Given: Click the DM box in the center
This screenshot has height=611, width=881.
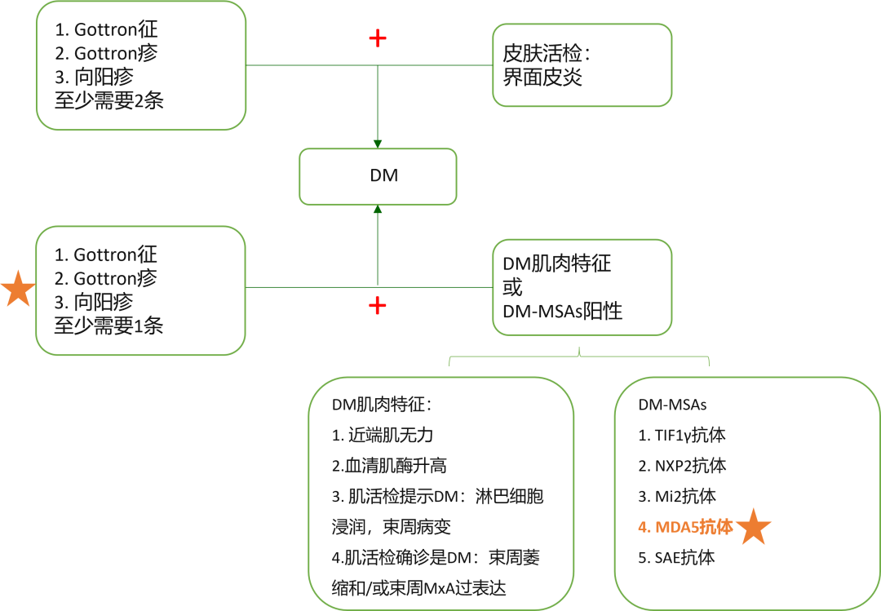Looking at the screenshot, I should click(378, 176).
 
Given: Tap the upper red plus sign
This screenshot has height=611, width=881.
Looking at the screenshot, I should click(377, 38).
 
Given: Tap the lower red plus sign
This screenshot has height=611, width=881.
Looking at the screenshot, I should click(377, 306).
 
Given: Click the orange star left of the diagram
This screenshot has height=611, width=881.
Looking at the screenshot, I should click(17, 290).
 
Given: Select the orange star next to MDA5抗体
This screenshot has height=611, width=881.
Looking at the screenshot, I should click(753, 527).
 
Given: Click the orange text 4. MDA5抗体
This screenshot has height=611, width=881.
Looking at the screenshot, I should click(685, 528).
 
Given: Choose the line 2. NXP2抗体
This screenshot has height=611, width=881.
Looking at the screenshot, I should click(682, 466).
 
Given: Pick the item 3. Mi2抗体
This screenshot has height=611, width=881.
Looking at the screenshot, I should click(676, 496).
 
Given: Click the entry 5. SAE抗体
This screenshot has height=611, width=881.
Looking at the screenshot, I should click(676, 558).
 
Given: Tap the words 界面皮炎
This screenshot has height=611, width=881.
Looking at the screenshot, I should click(543, 79).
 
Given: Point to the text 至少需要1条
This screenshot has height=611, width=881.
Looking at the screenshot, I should click(108, 325).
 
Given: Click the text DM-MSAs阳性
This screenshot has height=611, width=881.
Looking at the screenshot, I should click(562, 311).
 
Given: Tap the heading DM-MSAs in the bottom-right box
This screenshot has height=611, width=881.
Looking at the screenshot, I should click(672, 405).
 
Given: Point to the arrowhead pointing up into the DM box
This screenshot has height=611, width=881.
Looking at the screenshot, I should click(378, 210).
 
